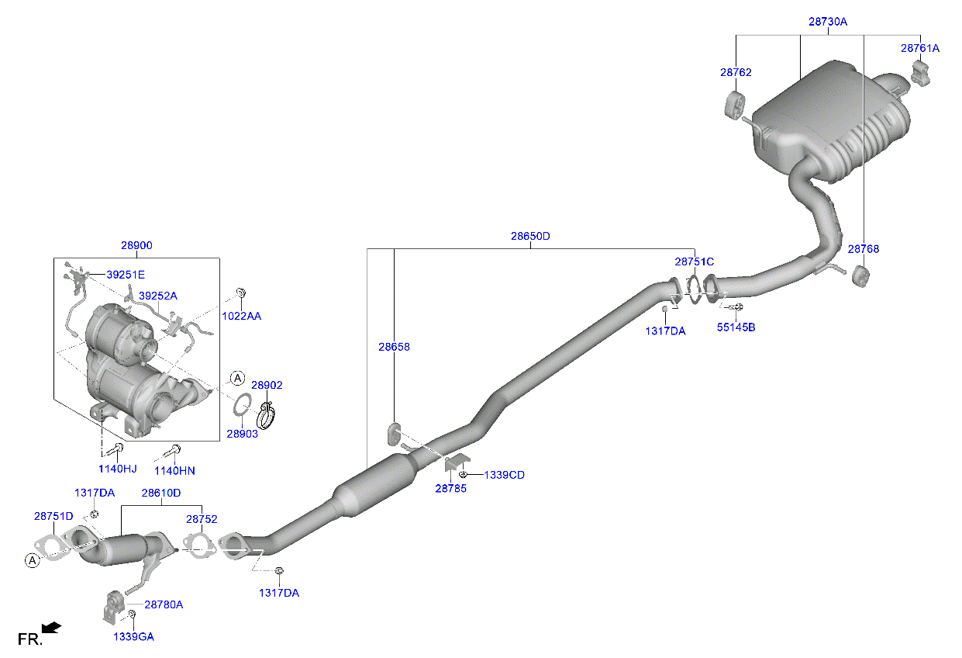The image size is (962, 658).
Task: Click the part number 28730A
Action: (x=827, y=23)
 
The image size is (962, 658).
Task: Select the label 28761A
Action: (x=919, y=48)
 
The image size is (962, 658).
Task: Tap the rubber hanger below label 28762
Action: (x=733, y=105)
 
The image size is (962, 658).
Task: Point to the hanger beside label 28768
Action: (x=859, y=275)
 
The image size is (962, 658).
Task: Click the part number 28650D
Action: (x=529, y=236)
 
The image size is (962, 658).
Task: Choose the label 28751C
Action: (x=694, y=262)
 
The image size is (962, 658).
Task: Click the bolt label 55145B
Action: (x=735, y=327)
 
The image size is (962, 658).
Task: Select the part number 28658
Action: (x=394, y=347)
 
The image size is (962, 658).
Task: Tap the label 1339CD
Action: (x=504, y=475)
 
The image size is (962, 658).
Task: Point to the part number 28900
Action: (x=136, y=245)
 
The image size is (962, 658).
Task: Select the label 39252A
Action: (x=158, y=296)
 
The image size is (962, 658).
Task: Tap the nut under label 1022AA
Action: (x=240, y=293)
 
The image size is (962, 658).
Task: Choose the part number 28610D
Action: (x=160, y=493)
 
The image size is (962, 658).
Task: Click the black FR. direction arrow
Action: (x=51, y=627)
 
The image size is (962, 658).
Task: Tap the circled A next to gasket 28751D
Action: (x=30, y=560)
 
